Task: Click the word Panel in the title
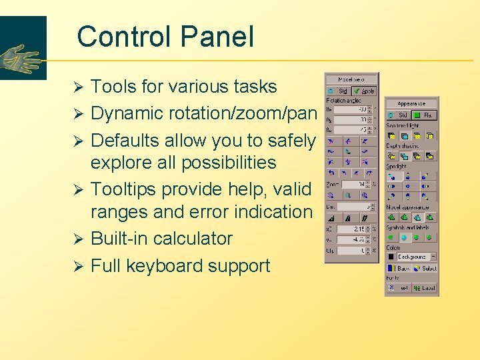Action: (x=221, y=37)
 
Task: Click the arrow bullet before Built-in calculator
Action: (x=77, y=239)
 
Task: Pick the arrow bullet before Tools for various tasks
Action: (x=77, y=87)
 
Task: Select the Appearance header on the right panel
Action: (x=411, y=103)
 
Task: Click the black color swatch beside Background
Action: (x=391, y=257)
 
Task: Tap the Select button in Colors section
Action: (x=425, y=269)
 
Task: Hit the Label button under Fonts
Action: (x=425, y=289)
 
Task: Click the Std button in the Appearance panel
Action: (x=399, y=115)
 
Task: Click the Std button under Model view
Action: (x=339, y=91)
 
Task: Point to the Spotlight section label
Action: (x=396, y=167)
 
